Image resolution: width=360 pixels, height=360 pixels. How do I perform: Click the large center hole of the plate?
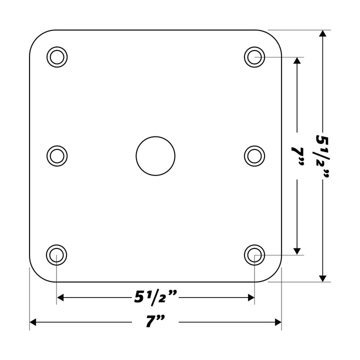[155, 155]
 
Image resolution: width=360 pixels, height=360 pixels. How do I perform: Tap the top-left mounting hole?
[57, 56]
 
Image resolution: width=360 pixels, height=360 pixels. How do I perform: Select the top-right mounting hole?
[254, 56]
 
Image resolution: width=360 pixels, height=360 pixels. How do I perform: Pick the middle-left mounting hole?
[57, 155]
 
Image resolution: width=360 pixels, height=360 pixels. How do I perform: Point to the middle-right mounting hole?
[254, 155]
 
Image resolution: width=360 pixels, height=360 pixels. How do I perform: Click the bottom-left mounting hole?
[57, 255]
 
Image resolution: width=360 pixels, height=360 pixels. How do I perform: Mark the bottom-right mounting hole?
[254, 255]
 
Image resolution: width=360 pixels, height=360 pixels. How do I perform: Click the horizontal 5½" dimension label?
[155, 297]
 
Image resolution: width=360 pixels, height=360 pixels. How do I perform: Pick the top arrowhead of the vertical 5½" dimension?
[323, 34]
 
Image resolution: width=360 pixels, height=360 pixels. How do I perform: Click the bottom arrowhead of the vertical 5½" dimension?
[323, 277]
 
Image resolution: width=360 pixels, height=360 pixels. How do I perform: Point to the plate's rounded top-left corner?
[37, 37]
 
